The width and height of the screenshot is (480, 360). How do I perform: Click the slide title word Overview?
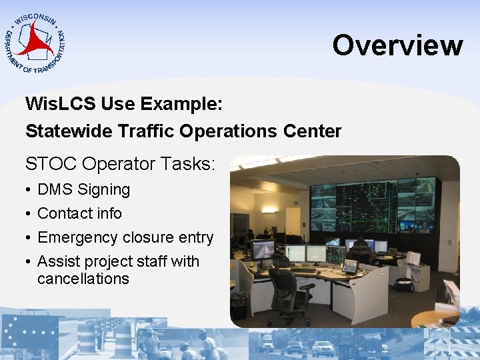tap(397, 45)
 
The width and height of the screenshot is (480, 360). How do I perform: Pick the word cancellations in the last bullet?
tap(83, 279)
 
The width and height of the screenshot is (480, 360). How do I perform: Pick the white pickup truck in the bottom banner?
tap(323, 348)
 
